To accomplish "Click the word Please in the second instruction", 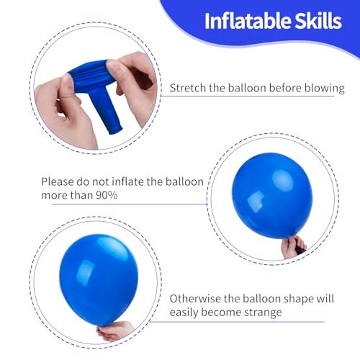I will (x=59, y=181).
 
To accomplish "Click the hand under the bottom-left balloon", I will (x=115, y=330).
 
